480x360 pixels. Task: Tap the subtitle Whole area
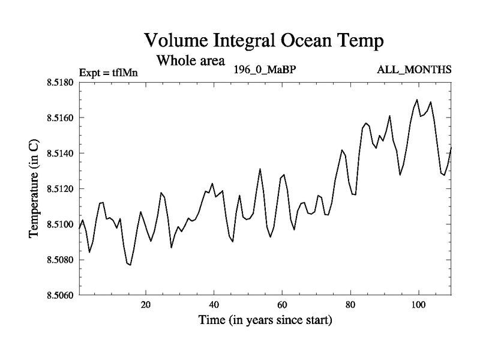click(190, 61)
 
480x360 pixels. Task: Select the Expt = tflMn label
click(109, 73)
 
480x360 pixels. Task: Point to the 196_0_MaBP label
click(265, 70)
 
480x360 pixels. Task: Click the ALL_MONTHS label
click(414, 70)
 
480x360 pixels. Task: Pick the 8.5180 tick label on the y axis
click(59, 82)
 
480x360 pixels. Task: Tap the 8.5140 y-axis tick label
click(59, 153)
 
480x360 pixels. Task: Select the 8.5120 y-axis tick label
click(59, 189)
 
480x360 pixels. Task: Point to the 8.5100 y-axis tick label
click(59, 224)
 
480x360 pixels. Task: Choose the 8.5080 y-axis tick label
click(59, 260)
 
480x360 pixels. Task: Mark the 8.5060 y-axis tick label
click(59, 295)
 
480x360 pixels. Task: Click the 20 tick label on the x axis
click(146, 304)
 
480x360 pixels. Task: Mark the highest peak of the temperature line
click(417, 100)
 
